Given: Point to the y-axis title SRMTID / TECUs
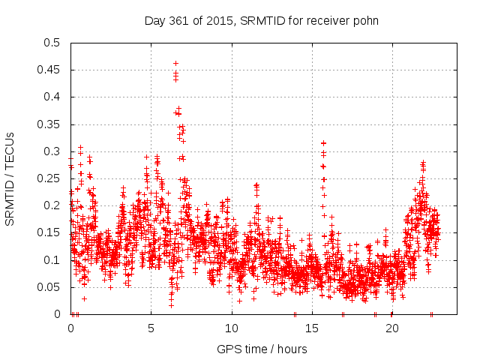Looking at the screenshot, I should [x=10, y=178].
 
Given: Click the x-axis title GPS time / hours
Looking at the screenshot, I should [x=262, y=349].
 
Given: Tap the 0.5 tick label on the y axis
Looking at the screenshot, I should [x=52, y=43].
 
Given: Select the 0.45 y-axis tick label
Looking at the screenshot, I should [x=49, y=70].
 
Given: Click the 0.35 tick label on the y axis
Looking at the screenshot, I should [x=49, y=124].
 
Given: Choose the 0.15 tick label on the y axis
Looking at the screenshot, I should [x=49, y=232].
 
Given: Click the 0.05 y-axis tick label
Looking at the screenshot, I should [x=49, y=287].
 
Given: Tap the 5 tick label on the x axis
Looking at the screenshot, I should [x=151, y=328].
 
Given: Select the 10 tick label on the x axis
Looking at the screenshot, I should [x=231, y=328].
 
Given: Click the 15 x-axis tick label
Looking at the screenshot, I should [x=311, y=328].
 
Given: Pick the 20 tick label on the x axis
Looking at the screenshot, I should [x=391, y=328].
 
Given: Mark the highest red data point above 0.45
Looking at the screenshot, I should [x=175, y=63].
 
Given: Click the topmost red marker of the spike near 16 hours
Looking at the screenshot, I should [x=323, y=142].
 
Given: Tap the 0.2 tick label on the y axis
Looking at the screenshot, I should [x=52, y=205].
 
